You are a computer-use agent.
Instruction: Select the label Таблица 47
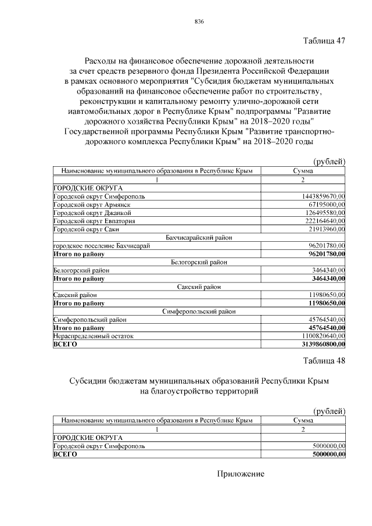(x=324, y=41)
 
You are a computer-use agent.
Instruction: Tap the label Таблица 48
(x=324, y=360)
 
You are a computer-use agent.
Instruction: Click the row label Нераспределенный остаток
(x=85, y=336)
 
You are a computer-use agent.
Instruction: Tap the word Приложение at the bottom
(x=241, y=474)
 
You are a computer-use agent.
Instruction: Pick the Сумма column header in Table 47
(x=303, y=171)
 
